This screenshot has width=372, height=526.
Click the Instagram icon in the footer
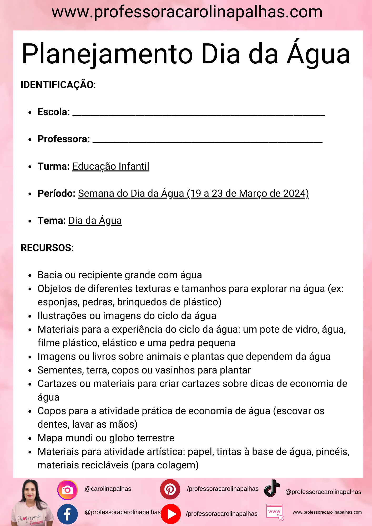click(67, 490)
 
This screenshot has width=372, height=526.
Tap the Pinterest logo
click(170, 489)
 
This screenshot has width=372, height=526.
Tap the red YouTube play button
click(171, 514)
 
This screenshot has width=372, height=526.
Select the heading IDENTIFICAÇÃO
click(57, 85)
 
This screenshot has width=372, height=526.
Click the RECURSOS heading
click(46, 248)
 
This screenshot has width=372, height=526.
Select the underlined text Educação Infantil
click(111, 166)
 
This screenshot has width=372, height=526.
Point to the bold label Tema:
click(52, 221)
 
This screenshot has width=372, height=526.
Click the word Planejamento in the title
click(107, 54)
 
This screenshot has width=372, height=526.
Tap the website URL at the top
click(187, 12)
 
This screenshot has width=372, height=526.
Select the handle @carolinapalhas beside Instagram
click(108, 489)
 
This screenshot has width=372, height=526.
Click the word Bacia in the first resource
click(50, 275)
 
